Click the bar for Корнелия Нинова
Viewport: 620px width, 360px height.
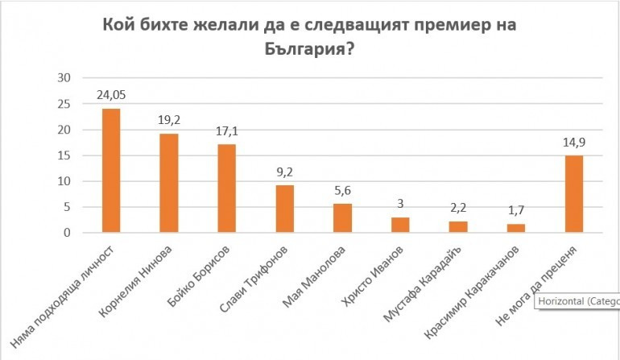pyautogui.click(x=168, y=183)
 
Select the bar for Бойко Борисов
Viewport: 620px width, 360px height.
pyautogui.click(x=226, y=188)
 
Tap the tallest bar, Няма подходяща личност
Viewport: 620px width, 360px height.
pyautogui.click(x=110, y=171)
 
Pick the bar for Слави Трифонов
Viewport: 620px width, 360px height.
pyautogui.click(x=284, y=209)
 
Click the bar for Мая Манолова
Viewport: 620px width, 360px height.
pyautogui.click(x=342, y=218)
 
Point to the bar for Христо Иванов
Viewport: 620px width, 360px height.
pyautogui.click(x=400, y=225)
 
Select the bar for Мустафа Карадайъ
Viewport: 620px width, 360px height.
pyautogui.click(x=457, y=227)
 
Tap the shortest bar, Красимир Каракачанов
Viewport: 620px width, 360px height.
pyautogui.click(x=515, y=229)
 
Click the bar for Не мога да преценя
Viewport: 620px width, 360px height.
pyautogui.click(x=573, y=194)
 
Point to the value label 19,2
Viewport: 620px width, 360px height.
pyautogui.click(x=168, y=120)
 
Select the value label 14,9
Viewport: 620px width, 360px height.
pyautogui.click(x=573, y=143)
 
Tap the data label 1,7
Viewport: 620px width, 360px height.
pyautogui.click(x=515, y=211)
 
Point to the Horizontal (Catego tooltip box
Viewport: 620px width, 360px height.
pyautogui.click(x=577, y=301)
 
